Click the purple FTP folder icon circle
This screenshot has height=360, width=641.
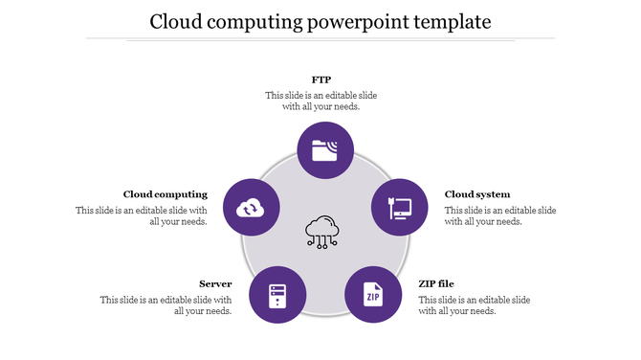click(325, 150)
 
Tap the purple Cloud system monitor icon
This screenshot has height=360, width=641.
click(399, 207)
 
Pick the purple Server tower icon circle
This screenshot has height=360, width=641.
click(277, 294)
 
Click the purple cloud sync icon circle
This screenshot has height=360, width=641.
click(251, 207)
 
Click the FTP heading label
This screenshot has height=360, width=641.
click(321, 79)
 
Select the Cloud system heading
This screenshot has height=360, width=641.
click(477, 194)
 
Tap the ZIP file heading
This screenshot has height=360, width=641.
click(436, 283)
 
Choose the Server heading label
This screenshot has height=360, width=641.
click(215, 283)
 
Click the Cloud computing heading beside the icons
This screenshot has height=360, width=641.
click(166, 194)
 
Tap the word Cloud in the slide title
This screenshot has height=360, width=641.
click(176, 20)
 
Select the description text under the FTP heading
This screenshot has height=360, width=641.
click(320, 101)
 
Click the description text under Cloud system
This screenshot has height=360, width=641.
click(499, 215)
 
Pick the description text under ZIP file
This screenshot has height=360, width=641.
click(475, 304)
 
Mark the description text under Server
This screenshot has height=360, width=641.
click(166, 304)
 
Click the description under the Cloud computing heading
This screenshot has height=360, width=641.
click(142, 215)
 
